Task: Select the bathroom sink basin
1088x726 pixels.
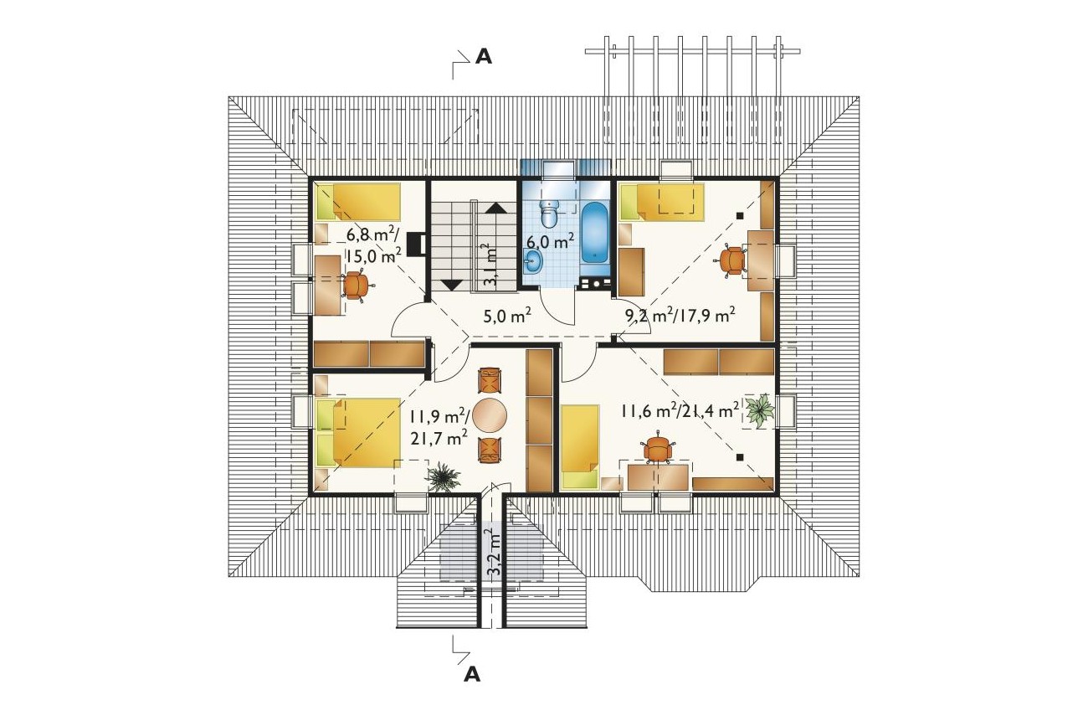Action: [533, 261]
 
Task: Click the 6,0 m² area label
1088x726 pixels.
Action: [551, 240]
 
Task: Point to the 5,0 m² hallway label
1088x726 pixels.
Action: [507, 316]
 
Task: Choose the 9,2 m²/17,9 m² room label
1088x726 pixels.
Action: [679, 317]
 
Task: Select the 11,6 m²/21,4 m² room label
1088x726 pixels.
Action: [680, 410]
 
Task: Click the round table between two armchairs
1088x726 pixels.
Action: [490, 415]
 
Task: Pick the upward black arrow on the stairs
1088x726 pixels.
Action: [495, 208]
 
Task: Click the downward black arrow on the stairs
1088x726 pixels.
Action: [452, 286]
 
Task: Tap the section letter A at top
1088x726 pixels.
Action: [483, 57]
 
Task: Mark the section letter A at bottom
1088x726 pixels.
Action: [472, 674]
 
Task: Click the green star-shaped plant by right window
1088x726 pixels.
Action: [760, 410]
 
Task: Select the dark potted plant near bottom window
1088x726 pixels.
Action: [443, 477]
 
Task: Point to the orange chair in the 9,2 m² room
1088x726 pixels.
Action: [731, 261]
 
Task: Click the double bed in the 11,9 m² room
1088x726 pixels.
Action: [358, 432]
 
